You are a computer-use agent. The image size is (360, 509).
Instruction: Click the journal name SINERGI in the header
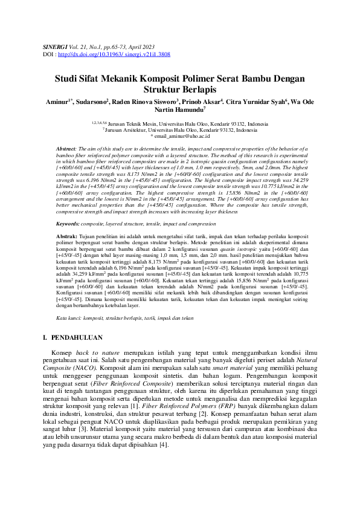54,46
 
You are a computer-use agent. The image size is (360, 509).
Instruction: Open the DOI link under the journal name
114,54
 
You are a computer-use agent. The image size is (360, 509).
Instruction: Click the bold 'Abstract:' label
66,149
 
